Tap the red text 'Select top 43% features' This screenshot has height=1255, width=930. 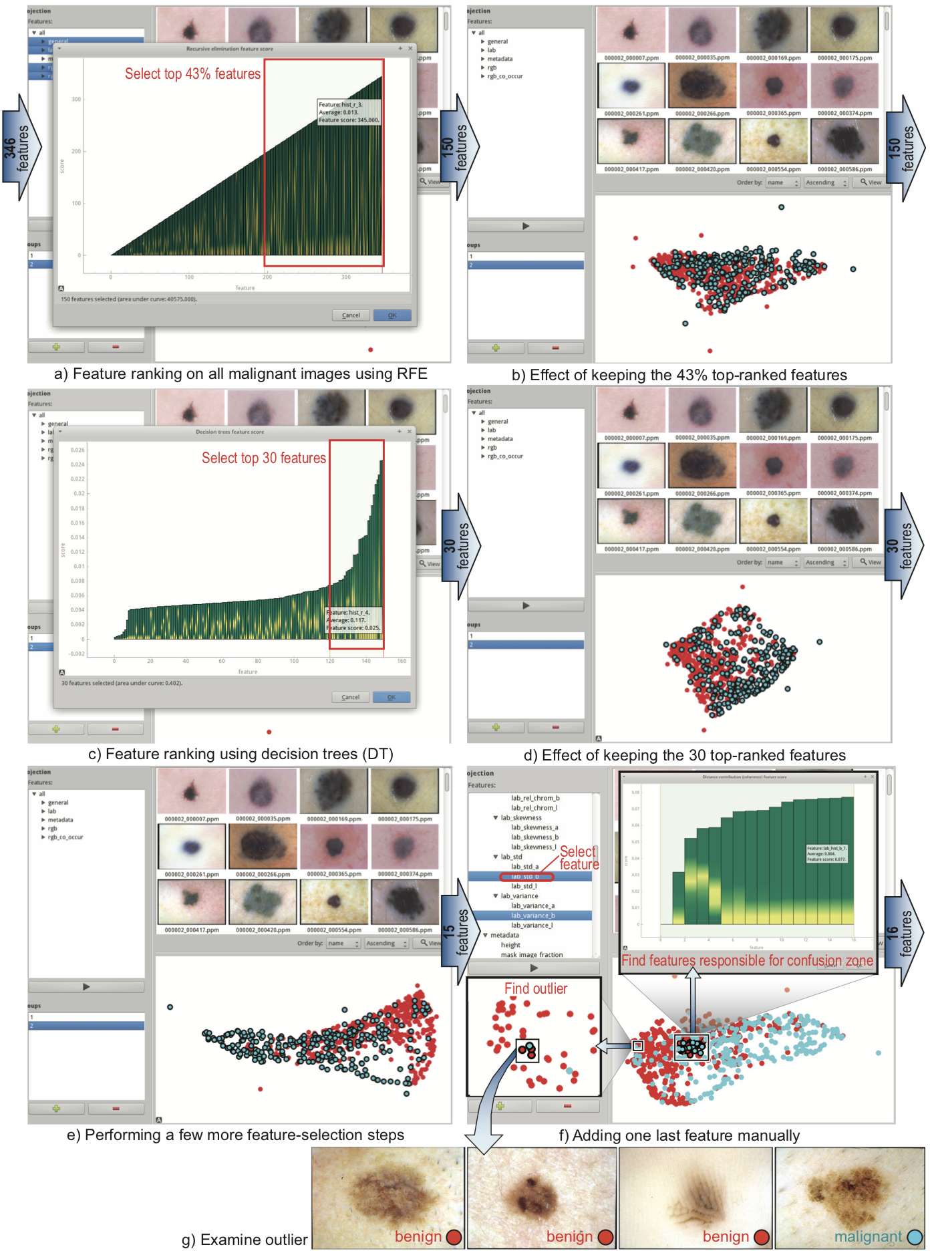click(x=192, y=74)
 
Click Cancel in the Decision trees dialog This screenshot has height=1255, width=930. click(x=350, y=697)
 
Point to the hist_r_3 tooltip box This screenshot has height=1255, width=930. click(x=349, y=112)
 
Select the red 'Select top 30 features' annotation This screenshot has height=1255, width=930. click(x=264, y=458)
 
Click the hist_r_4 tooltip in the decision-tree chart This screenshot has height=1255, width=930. click(x=353, y=620)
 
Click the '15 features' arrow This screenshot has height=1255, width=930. click(x=459, y=931)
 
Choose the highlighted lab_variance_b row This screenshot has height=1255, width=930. click(x=532, y=916)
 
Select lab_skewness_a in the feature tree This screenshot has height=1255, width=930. click(x=534, y=827)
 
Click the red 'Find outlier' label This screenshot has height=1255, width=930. click(x=535, y=988)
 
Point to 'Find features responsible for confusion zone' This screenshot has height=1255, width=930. click(x=747, y=960)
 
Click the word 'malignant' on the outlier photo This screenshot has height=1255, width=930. click(x=868, y=1237)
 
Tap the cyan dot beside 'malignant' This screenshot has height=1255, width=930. click(x=915, y=1238)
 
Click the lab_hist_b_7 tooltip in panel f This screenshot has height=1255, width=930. click(x=826, y=853)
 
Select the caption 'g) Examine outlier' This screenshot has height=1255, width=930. click(x=245, y=1240)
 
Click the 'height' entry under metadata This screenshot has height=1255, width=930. click(x=510, y=945)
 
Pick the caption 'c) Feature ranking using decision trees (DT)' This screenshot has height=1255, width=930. click(x=241, y=754)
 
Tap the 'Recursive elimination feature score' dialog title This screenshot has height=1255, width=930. click(x=229, y=49)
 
